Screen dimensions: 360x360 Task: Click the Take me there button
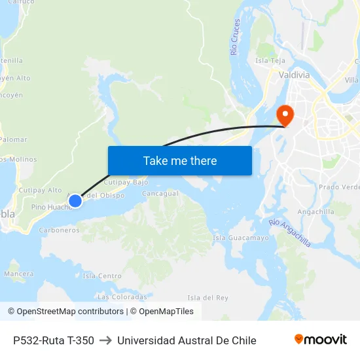coord(180,160)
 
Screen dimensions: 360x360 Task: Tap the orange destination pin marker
coord(285,115)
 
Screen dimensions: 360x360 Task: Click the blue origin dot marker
coord(75,200)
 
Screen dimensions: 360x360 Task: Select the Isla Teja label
coord(270,61)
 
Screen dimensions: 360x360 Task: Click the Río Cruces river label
coord(236,37)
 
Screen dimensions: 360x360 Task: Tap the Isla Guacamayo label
coord(241,238)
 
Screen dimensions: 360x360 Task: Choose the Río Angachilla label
coord(290,233)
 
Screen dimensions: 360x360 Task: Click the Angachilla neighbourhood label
coord(315,212)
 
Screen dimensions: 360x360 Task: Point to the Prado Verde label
coord(338,187)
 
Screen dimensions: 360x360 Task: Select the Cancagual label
coord(160,194)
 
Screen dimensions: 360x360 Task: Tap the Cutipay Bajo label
coord(126,182)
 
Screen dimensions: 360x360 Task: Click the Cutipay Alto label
coord(40,190)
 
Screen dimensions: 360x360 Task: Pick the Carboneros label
coord(59,230)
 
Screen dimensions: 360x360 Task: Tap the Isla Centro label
coord(102,276)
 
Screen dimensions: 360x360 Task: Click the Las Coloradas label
coord(122,297)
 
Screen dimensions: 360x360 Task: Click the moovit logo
coord(321,340)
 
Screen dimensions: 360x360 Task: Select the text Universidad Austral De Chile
coord(187,340)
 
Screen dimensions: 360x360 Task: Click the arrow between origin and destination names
coord(105,340)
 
